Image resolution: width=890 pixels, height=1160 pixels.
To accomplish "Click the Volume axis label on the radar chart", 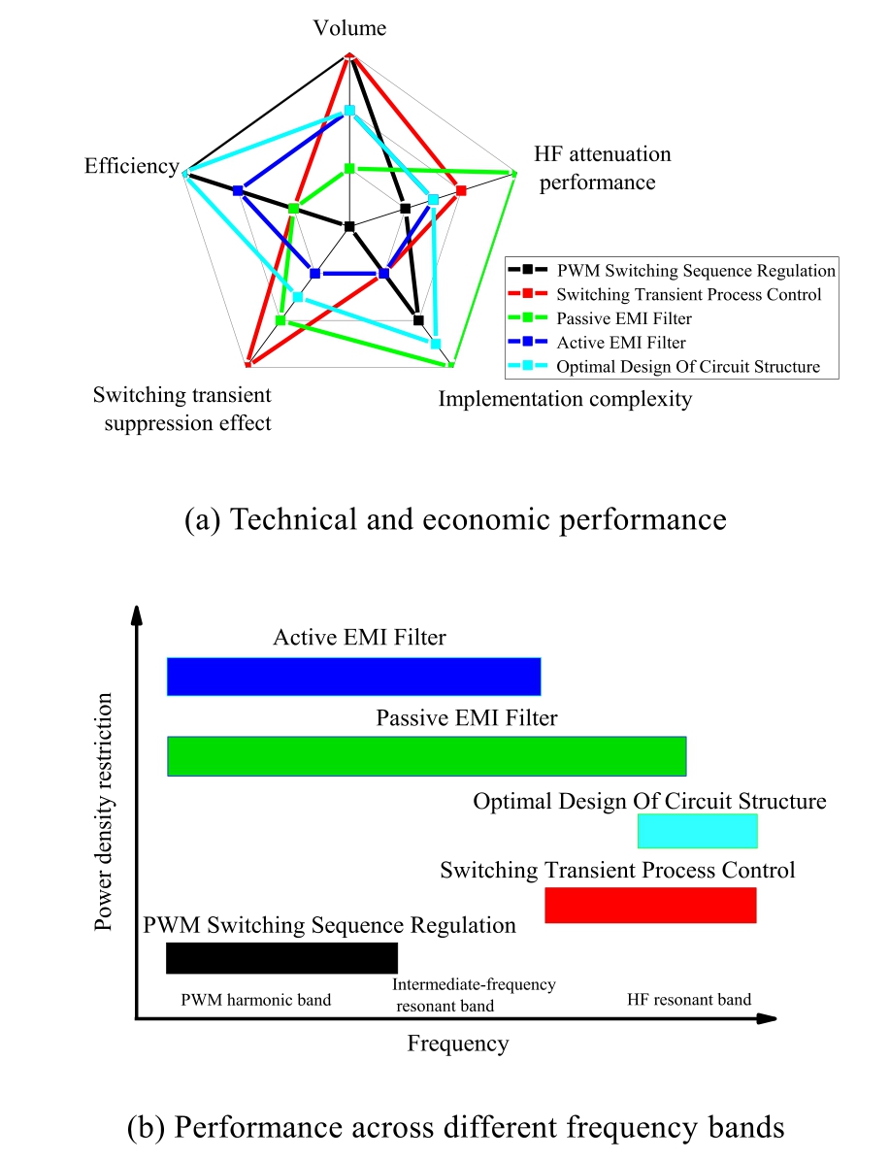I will [349, 28].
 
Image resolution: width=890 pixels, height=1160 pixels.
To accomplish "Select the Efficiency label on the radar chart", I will [131, 166].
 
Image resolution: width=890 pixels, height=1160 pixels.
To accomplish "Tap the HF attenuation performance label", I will [602, 168].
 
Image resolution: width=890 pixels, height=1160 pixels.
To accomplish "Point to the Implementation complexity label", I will [565, 399].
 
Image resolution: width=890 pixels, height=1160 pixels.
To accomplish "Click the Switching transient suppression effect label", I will [181, 409].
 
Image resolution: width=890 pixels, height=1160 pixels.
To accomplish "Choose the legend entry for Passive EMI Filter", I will [624, 318].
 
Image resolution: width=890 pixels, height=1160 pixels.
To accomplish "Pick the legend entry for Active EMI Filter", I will [621, 343].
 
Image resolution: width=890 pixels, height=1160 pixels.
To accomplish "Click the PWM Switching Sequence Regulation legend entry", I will [695, 271].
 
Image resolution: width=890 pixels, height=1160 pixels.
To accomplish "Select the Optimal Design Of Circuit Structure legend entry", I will [688, 367].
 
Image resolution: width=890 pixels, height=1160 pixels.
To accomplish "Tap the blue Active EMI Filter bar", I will [353, 677].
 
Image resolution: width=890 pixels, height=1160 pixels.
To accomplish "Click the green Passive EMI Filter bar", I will [427, 756].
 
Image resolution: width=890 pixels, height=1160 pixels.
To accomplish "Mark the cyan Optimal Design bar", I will [697, 832].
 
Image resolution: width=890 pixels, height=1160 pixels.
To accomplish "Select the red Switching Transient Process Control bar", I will [650, 905].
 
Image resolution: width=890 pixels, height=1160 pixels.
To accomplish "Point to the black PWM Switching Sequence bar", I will [281, 957].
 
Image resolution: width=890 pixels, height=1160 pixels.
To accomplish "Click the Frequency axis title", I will [457, 1044].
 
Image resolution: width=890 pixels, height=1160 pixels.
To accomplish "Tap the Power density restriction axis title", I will [105, 812].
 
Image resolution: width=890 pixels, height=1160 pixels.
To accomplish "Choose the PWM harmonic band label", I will [256, 1000].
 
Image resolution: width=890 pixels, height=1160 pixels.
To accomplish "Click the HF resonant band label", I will [689, 1000].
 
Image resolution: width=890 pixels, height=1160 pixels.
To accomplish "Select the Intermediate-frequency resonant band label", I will [474, 995].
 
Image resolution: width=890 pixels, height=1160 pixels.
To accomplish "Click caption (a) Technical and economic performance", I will [455, 519].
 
